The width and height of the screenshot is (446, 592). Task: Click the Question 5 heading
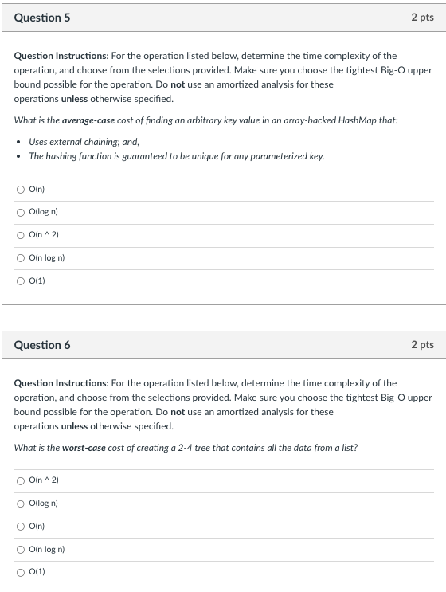click(42, 17)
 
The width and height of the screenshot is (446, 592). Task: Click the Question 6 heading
click(42, 345)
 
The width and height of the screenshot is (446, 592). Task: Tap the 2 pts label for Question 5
click(422, 17)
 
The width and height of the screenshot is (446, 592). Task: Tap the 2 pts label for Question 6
click(422, 345)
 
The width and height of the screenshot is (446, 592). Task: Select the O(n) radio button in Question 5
click(20, 189)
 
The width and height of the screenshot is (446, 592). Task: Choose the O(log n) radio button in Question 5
click(20, 212)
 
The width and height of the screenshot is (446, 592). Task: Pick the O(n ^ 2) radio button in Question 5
click(20, 235)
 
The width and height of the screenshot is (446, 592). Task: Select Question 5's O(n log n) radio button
click(20, 257)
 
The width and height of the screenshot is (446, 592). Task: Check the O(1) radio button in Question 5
click(20, 280)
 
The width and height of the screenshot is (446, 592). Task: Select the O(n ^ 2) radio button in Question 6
click(20, 480)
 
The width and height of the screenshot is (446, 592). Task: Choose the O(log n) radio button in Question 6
click(20, 504)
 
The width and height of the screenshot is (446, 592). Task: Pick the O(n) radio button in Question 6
click(20, 526)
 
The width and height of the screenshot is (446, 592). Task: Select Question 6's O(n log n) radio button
click(20, 549)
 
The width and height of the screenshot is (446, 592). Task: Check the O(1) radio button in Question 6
click(20, 572)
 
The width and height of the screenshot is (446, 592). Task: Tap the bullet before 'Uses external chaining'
click(19, 142)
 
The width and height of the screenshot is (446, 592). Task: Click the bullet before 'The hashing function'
click(19, 156)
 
